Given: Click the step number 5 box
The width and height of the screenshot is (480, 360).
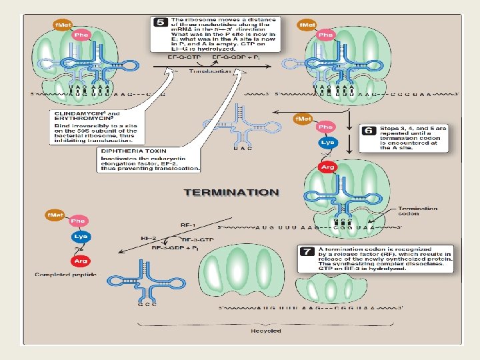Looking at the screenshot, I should (x=160, y=22).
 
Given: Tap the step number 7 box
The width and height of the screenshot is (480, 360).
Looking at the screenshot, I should (x=307, y=252).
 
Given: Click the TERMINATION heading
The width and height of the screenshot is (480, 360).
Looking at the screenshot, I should (x=231, y=192).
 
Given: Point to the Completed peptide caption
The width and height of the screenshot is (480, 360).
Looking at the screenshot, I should (x=66, y=275).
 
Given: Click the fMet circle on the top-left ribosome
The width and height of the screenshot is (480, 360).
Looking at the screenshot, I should (x=63, y=25).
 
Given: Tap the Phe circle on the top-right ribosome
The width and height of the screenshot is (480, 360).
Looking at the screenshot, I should (x=325, y=34).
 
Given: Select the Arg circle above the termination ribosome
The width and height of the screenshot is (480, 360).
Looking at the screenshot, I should (x=327, y=167).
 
